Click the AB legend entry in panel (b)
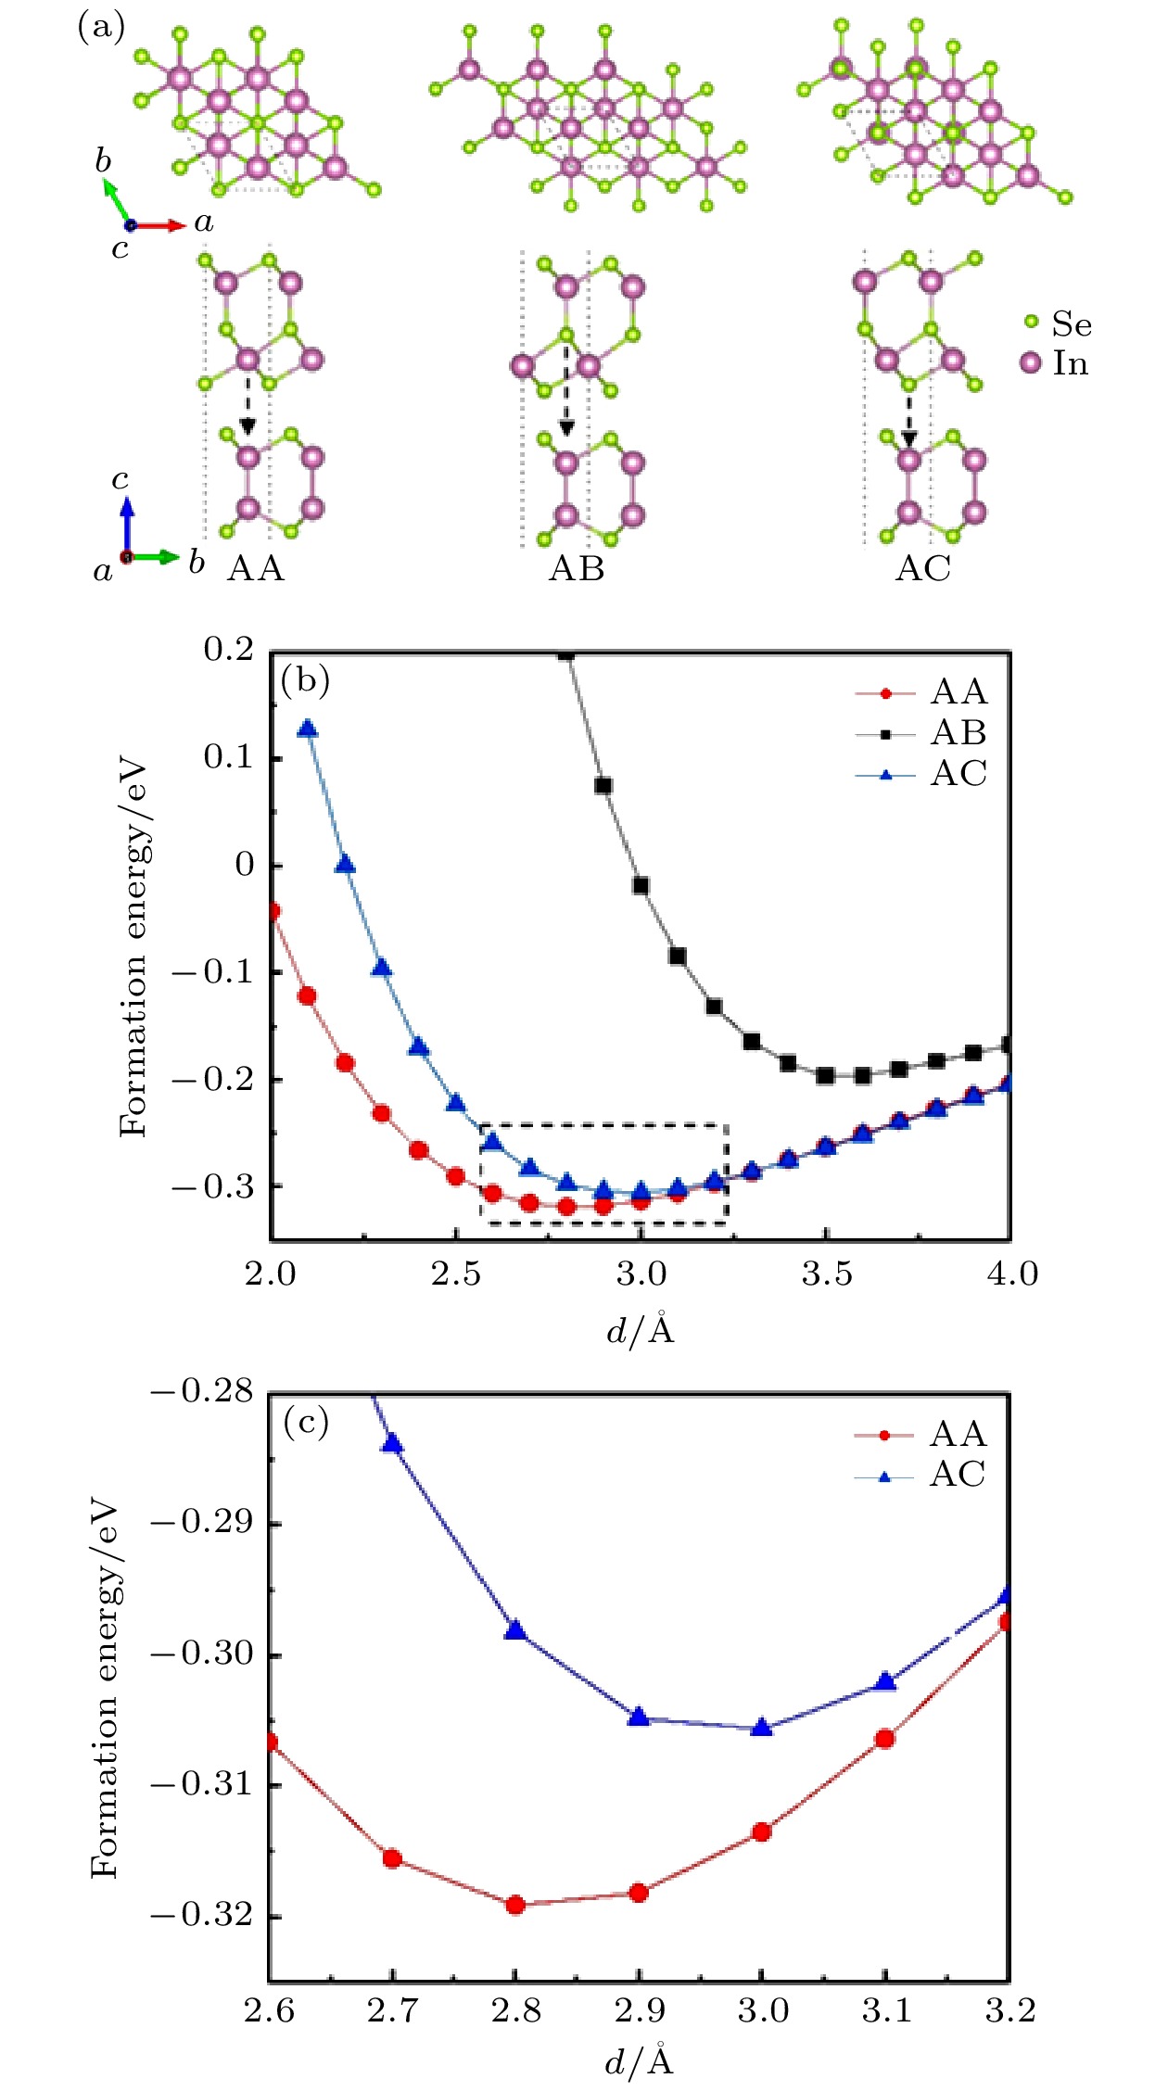click(958, 733)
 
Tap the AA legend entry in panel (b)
click(958, 692)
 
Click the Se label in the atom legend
click(1071, 324)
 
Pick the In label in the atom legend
click(1071, 363)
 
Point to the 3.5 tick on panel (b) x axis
click(826, 1274)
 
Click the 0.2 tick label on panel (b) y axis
click(228, 650)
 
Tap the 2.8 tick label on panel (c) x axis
click(516, 2011)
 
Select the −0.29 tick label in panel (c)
click(202, 1523)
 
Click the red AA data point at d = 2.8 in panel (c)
click(516, 1905)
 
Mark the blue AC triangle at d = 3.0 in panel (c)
click(762, 1727)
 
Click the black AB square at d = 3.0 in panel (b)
click(641, 886)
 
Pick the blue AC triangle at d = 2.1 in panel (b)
click(308, 729)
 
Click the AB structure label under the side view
click(577, 568)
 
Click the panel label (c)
click(306, 1423)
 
